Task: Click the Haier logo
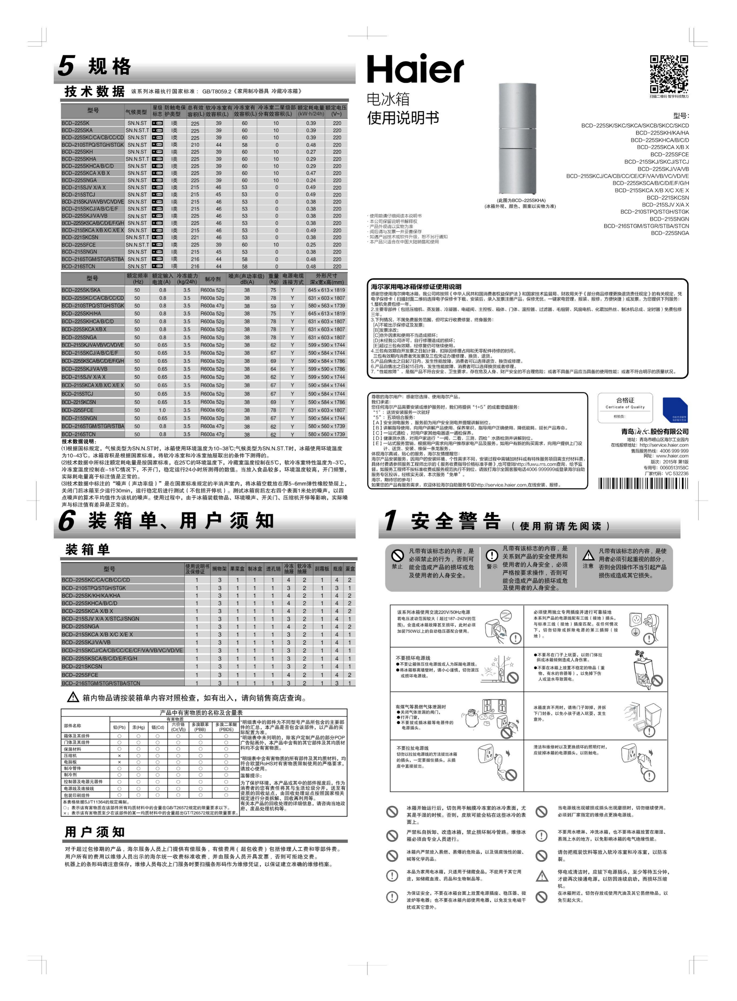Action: (x=415, y=69)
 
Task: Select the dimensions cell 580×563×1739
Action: (x=326, y=305)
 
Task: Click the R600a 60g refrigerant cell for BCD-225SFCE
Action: (x=212, y=410)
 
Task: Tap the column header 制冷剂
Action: (x=212, y=279)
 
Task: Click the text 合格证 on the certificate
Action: (x=625, y=400)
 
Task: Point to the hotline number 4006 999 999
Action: (x=674, y=451)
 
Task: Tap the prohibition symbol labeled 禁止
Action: (x=397, y=555)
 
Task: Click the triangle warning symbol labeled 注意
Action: (x=588, y=555)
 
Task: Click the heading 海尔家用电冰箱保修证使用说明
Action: (x=416, y=287)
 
